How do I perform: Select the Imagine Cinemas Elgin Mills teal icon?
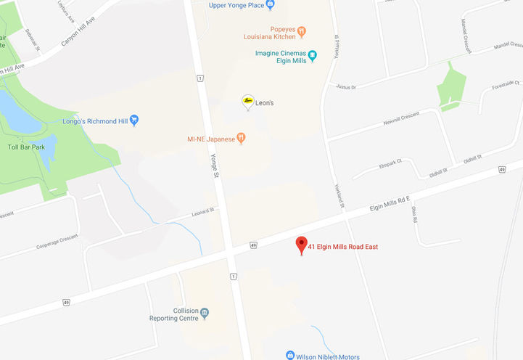point(313,55)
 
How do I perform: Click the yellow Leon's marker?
point(247,101)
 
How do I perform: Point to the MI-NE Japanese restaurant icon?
point(242,138)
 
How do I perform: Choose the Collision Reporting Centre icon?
point(205,314)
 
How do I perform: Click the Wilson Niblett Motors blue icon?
point(289,356)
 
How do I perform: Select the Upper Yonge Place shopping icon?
point(271,5)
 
